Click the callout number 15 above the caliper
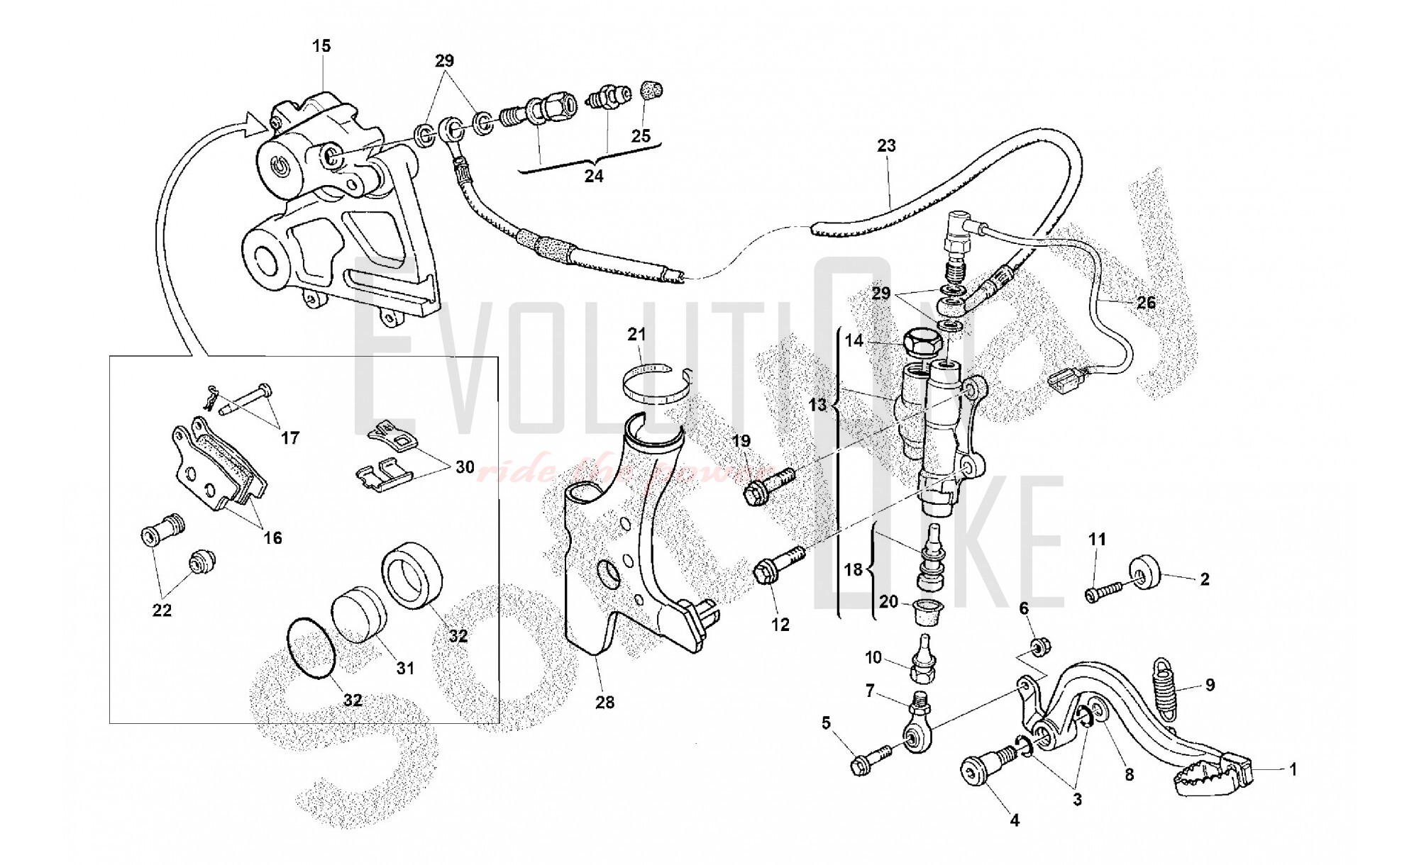point(321,46)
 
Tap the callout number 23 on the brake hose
point(886,146)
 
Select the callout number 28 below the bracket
point(604,702)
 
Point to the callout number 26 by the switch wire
point(1146,303)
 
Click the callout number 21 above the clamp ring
point(637,334)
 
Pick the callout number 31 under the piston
point(404,668)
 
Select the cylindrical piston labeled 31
point(359,614)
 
